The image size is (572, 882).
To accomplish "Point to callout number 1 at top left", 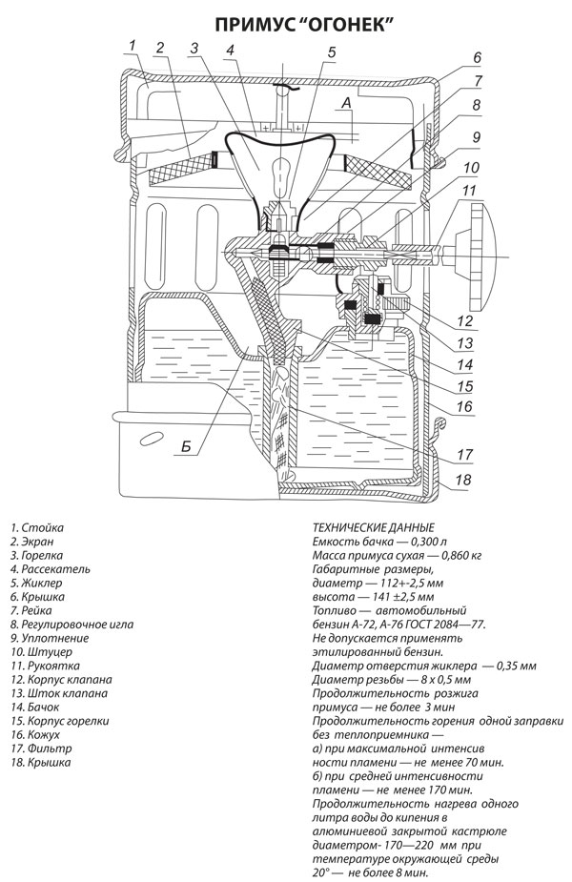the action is (133, 45).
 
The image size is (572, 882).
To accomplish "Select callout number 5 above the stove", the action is (331, 52).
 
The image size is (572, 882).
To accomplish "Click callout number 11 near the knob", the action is (469, 190).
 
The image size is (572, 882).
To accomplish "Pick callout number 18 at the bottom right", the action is (463, 480).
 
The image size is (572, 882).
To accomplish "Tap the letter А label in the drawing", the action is (346, 102).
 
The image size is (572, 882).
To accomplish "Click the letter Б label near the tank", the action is (187, 447).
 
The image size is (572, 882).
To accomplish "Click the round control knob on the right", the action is (477, 256).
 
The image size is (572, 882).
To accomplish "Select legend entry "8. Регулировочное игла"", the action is (72, 625).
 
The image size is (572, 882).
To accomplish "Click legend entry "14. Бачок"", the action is (34, 708).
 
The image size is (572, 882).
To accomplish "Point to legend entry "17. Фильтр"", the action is (41, 749).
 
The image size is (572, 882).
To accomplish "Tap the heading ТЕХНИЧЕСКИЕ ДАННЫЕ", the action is (374, 527).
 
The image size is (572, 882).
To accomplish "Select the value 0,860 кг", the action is (461, 555).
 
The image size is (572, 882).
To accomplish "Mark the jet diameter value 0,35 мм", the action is (517, 666).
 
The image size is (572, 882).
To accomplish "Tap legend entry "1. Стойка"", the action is (36, 527).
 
